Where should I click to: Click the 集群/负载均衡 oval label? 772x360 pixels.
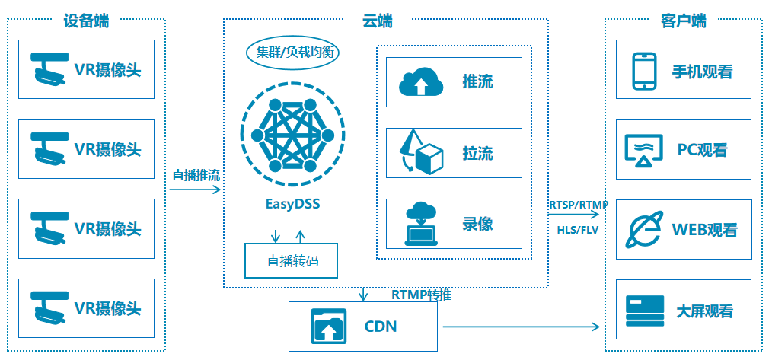tap(292, 53)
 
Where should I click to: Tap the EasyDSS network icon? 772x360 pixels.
tap(292, 135)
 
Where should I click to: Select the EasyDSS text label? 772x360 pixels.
tap(292, 204)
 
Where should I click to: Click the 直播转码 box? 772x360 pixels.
tap(292, 260)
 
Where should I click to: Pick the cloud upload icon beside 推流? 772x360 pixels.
tap(420, 83)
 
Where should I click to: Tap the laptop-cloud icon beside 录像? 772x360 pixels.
tap(422, 224)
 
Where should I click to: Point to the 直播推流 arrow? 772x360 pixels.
tap(196, 190)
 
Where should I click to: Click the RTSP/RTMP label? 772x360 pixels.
tap(578, 205)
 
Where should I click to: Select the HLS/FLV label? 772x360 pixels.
tap(578, 230)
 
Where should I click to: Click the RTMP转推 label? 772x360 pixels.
tap(422, 295)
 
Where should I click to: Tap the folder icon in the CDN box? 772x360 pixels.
tap(328, 326)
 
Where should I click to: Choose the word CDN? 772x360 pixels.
tap(381, 327)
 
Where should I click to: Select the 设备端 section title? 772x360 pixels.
tap(87, 21)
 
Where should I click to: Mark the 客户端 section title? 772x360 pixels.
tap(684, 21)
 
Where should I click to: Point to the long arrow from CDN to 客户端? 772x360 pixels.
tap(522, 326)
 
